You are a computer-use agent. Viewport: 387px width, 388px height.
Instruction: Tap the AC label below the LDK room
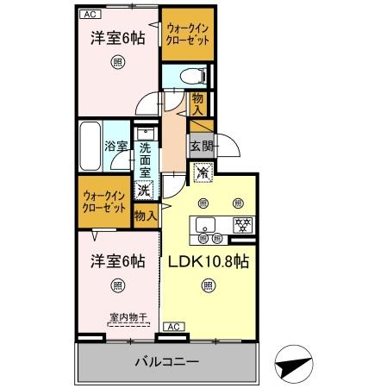tap(172, 326)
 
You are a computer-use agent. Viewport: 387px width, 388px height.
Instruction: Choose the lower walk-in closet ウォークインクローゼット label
tap(104, 203)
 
